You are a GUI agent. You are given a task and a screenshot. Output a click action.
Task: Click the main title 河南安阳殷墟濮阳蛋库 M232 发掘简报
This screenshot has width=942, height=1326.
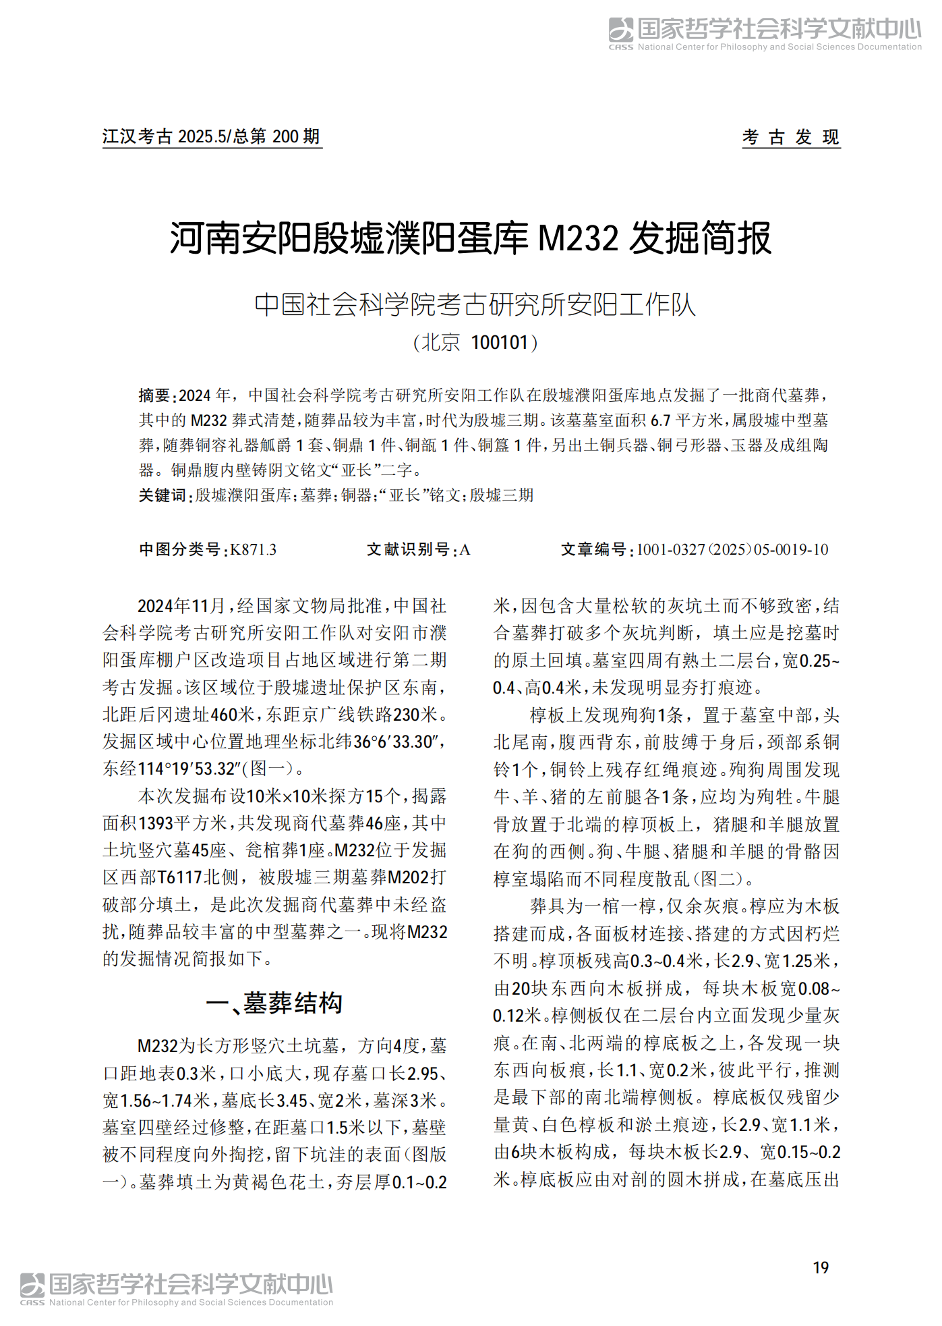470,239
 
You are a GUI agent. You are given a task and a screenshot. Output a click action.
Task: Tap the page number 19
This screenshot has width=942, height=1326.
820,1268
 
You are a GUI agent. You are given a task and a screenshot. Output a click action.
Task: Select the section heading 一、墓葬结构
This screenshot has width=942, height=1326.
274,1003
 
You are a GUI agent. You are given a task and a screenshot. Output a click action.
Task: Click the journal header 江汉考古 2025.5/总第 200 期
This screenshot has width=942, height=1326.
211,137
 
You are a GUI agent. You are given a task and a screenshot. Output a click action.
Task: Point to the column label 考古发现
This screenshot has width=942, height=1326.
790,137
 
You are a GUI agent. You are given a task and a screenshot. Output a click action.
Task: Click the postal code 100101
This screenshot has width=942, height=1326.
499,343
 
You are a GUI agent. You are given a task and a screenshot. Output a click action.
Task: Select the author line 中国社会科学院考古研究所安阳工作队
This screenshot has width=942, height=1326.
474,304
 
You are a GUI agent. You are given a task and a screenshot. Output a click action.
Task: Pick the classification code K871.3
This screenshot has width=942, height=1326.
253,550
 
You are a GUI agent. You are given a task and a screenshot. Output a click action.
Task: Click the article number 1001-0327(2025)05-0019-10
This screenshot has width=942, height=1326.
732,550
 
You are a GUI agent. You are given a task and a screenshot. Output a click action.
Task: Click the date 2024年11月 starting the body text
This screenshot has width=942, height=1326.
181,606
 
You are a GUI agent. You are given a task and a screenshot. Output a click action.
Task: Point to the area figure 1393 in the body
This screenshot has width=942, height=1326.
156,823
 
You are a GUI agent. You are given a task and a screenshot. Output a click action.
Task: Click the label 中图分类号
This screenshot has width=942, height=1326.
179,550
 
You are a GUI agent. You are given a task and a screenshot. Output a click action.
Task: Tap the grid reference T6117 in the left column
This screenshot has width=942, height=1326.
180,878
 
